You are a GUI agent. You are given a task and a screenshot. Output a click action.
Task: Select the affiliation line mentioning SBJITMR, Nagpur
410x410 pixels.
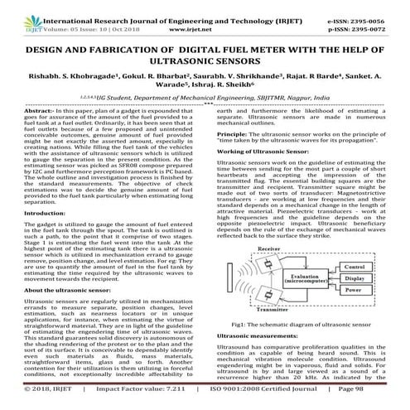pos(205,97)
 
